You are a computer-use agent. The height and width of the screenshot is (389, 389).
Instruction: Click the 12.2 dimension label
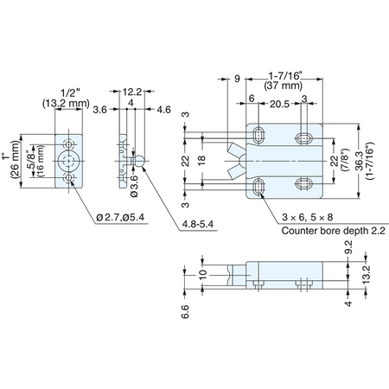coord(132,92)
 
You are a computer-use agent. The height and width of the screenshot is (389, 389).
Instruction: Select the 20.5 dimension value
coord(279,104)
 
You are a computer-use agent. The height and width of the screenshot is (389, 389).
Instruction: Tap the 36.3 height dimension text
coord(360,161)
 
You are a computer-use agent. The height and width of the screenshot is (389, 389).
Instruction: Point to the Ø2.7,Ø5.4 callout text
coord(120,217)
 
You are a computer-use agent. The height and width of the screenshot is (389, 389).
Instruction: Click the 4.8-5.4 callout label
coord(198,224)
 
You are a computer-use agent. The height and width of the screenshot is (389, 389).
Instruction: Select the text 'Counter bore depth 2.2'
coord(333,231)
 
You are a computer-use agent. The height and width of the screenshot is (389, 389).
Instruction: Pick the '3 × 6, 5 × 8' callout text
coord(308,217)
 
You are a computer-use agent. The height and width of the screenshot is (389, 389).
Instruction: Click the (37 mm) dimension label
coord(284,86)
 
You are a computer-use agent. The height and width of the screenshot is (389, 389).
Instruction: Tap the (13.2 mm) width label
coord(67,103)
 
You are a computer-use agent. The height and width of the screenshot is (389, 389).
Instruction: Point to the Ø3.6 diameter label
coord(134,187)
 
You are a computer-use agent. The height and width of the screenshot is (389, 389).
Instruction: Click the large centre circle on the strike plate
coord(68,161)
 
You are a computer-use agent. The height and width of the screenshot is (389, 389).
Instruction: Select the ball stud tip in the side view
coord(140,161)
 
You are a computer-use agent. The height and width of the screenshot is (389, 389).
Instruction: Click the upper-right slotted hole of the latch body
coord(303,138)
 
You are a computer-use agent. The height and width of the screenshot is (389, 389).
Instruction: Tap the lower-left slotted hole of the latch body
coord(258,187)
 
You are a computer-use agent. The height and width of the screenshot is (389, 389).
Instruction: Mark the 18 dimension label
coord(202,160)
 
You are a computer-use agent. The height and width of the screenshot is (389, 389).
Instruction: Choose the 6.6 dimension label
coord(185,311)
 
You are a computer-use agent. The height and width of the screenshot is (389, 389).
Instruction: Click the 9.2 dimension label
coord(348,247)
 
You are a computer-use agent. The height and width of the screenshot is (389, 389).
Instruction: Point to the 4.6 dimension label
coord(164,110)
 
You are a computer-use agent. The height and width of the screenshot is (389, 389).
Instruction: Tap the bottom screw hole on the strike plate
coord(68,178)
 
